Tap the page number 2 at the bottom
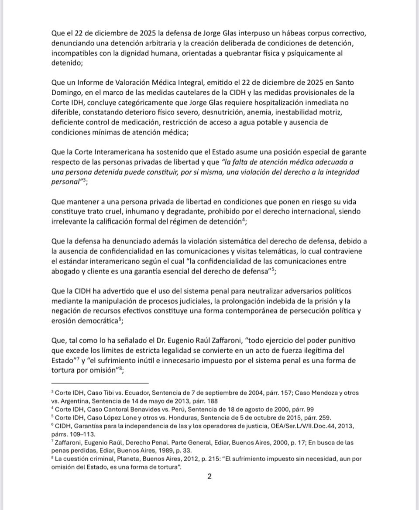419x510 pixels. click(209, 476)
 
